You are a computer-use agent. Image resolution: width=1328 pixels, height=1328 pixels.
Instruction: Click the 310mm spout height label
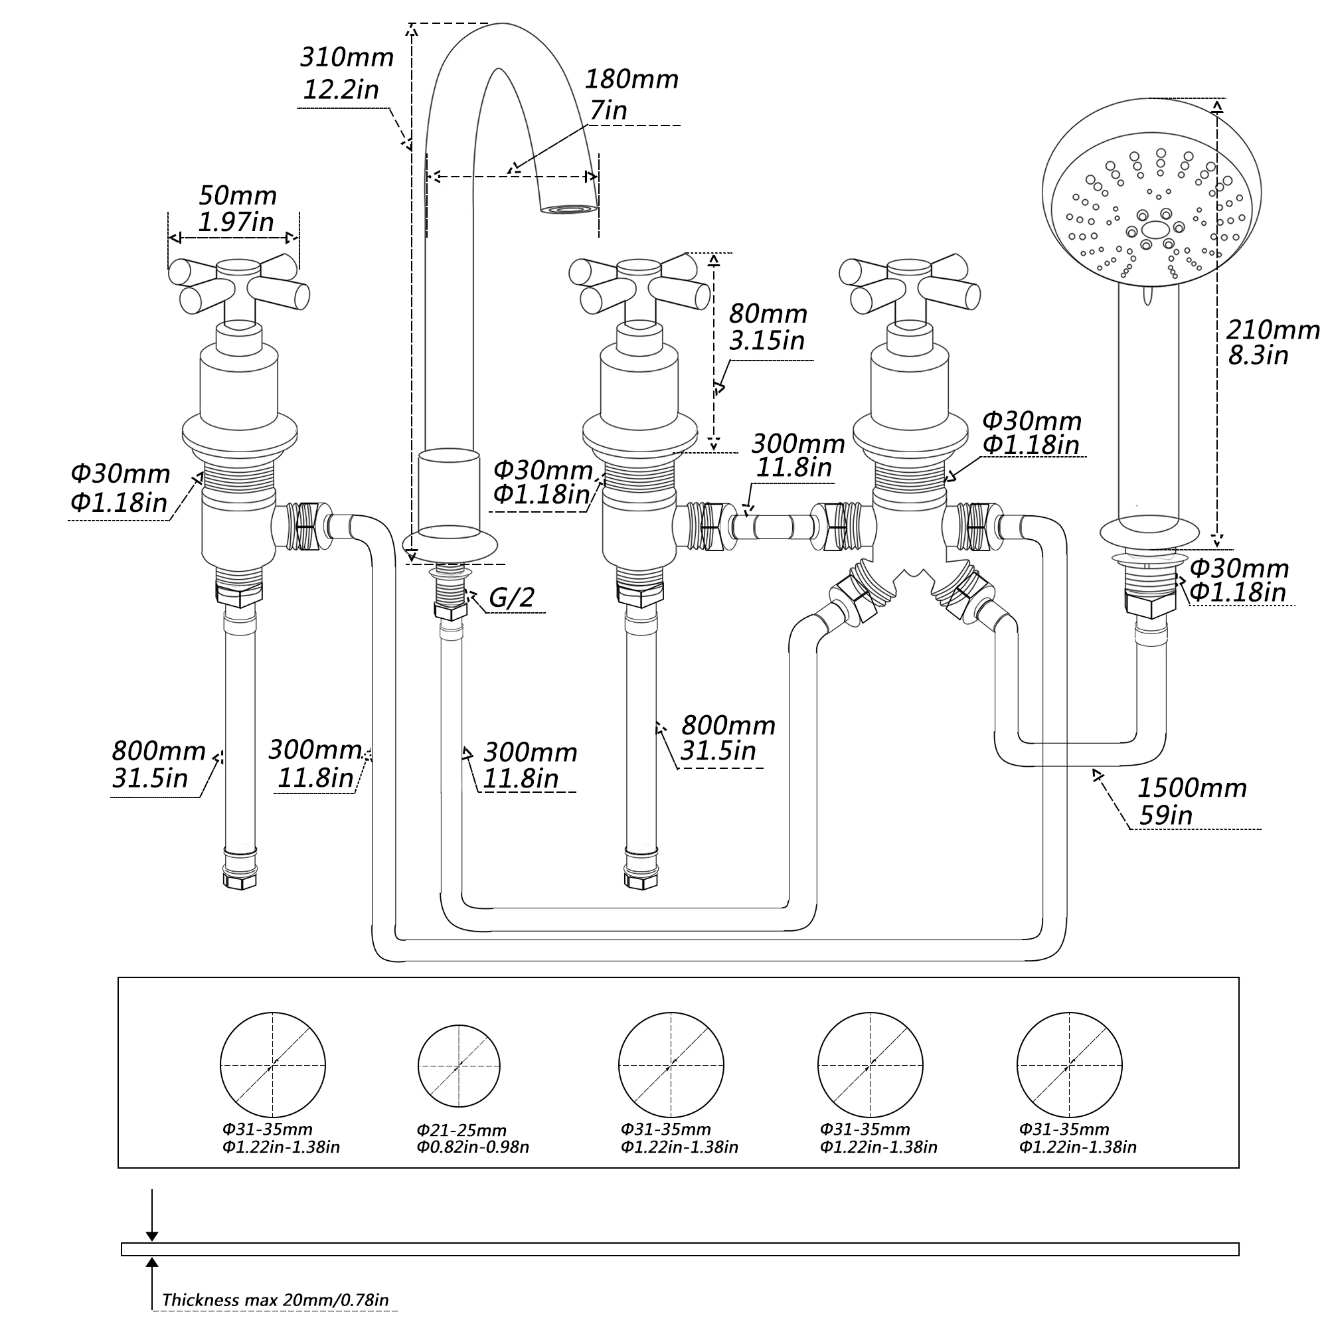tap(347, 73)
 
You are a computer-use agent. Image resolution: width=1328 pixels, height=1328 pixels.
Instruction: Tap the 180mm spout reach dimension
tap(631, 94)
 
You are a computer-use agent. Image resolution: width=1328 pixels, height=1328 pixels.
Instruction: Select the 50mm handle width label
tap(237, 208)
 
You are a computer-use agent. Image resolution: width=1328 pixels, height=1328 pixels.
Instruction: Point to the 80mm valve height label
tap(768, 327)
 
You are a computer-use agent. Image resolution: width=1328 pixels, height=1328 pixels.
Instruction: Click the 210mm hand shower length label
tap(1273, 341)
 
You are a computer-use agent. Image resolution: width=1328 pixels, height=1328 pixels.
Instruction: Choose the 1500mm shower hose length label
tap(1192, 801)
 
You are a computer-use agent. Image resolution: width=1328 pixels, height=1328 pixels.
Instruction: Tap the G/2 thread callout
tap(511, 598)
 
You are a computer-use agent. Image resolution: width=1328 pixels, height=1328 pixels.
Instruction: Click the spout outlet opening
tap(568, 209)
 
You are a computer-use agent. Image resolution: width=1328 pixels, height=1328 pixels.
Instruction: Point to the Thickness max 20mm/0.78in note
tap(276, 1300)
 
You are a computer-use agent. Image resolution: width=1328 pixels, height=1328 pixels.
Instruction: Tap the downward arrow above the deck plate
tap(152, 1215)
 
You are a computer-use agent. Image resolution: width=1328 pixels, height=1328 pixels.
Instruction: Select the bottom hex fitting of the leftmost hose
tap(240, 880)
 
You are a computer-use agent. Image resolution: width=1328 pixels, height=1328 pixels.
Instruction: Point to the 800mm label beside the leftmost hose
tap(159, 764)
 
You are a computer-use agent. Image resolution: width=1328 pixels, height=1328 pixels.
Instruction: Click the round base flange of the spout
tap(450, 545)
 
